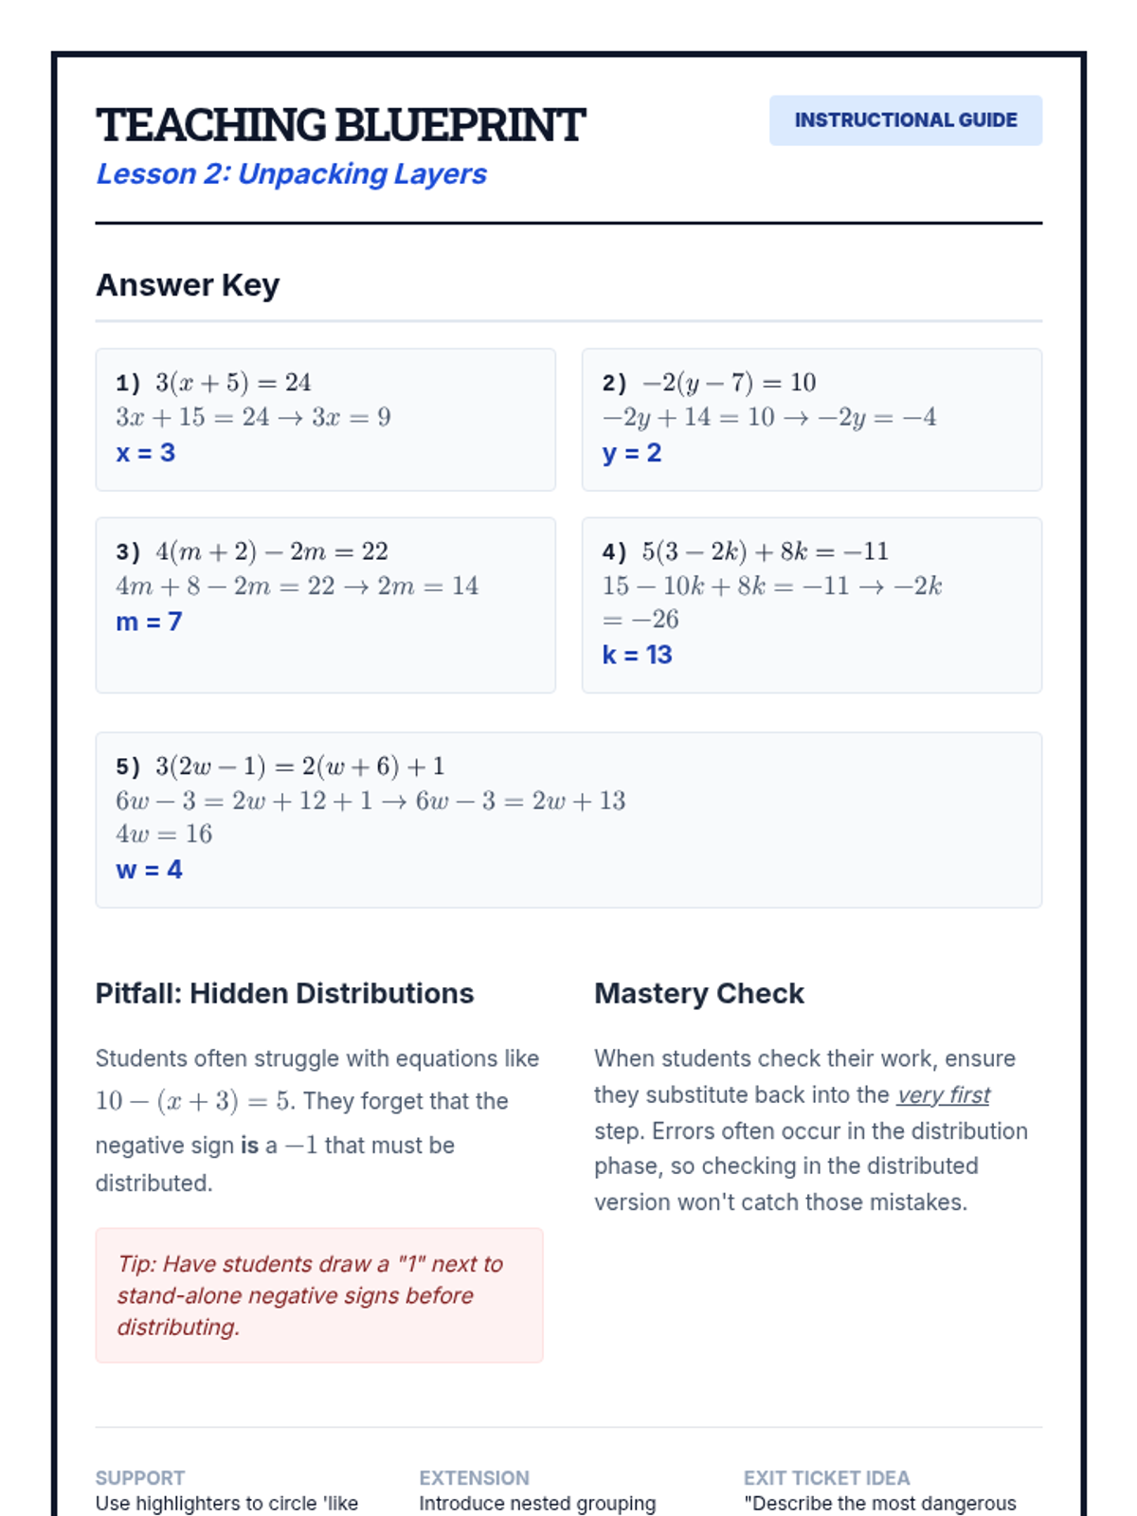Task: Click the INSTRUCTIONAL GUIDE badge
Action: pyautogui.click(x=905, y=120)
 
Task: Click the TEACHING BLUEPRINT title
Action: pyautogui.click(x=340, y=125)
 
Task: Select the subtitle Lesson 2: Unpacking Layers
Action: pyautogui.click(x=291, y=174)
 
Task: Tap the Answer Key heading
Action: pyautogui.click(x=188, y=285)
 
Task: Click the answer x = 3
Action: pyautogui.click(x=145, y=453)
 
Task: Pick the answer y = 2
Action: pyautogui.click(x=631, y=453)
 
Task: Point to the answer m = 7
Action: pyautogui.click(x=149, y=622)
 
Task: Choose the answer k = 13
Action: pyautogui.click(x=637, y=655)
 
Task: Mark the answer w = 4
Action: pyautogui.click(x=149, y=870)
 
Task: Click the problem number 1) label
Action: pyautogui.click(x=128, y=383)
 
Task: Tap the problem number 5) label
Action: pyautogui.click(x=128, y=767)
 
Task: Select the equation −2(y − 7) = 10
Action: pyautogui.click(x=729, y=383)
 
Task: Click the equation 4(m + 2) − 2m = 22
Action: pyautogui.click(x=272, y=551)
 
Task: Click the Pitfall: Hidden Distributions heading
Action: pyautogui.click(x=284, y=993)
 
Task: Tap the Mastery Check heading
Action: pyautogui.click(x=698, y=993)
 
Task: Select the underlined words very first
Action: pyautogui.click(x=943, y=1095)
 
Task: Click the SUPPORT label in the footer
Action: pyautogui.click(x=140, y=1478)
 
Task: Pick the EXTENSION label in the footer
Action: pyautogui.click(x=474, y=1478)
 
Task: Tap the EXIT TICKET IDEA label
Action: pyautogui.click(x=826, y=1478)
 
